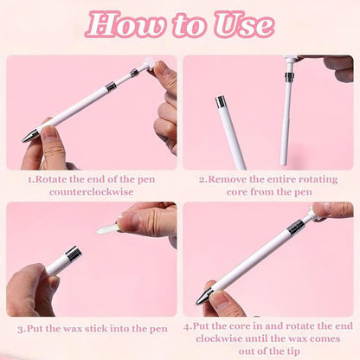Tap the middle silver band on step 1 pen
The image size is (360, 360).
111,87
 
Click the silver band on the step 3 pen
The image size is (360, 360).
73,254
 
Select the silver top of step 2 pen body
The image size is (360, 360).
221,101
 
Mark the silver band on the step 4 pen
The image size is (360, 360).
295,227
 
